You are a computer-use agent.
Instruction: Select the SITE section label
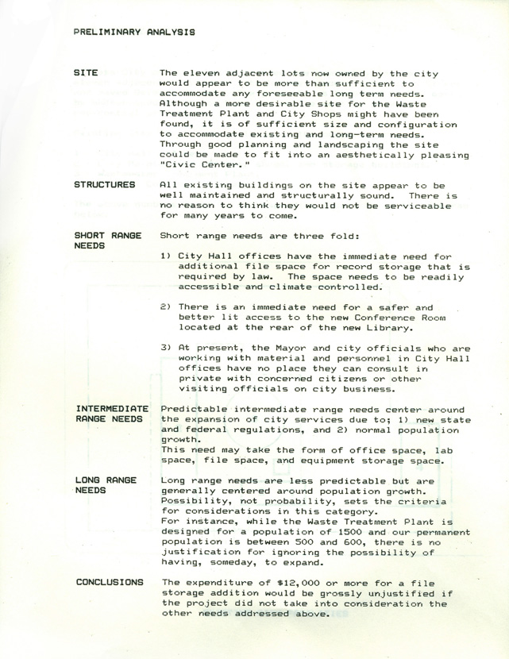click(86, 72)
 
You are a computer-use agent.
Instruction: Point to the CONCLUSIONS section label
click(110, 582)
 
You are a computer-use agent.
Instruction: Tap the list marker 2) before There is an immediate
click(165, 307)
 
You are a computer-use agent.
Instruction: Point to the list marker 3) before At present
click(165, 348)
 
